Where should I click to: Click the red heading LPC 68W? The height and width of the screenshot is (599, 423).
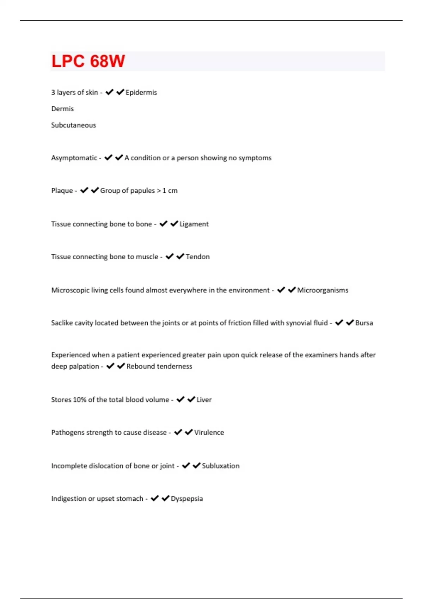pyautogui.click(x=88, y=61)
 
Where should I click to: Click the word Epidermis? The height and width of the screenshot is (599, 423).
pyautogui.click(x=141, y=92)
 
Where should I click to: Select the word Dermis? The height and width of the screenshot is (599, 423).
pyautogui.click(x=62, y=109)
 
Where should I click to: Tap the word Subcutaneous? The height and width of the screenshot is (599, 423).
pyautogui.click(x=73, y=125)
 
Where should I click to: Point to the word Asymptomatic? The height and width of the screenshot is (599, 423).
pyautogui.click(x=74, y=158)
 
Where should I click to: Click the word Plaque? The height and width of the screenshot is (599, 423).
pyautogui.click(x=62, y=191)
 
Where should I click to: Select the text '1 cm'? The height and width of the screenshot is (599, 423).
pyautogui.click(x=170, y=191)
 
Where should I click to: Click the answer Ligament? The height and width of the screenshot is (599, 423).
pyautogui.click(x=194, y=224)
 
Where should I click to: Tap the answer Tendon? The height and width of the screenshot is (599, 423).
pyautogui.click(x=197, y=257)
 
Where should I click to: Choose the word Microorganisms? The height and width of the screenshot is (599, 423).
pyautogui.click(x=323, y=290)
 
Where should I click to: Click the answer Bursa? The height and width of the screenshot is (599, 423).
pyautogui.click(x=364, y=323)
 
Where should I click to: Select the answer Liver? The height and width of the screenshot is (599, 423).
pyautogui.click(x=204, y=400)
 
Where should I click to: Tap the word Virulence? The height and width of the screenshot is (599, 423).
pyautogui.click(x=209, y=433)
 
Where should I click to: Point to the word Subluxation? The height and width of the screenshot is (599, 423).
pyautogui.click(x=220, y=466)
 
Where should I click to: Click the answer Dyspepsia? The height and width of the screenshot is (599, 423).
pyautogui.click(x=186, y=499)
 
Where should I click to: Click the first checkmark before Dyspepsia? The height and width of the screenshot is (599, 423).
pyautogui.click(x=155, y=498)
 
